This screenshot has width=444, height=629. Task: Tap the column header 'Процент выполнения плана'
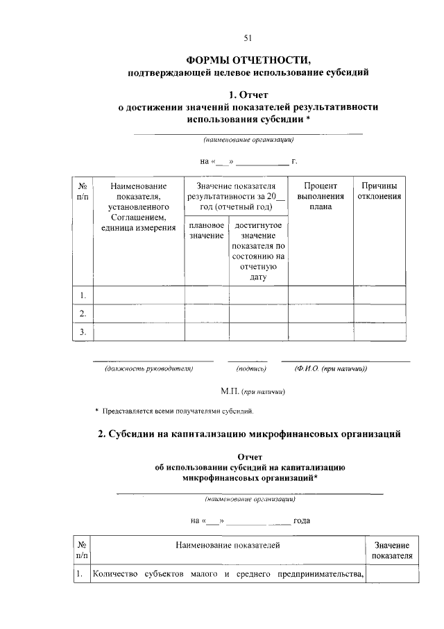coord(320,196)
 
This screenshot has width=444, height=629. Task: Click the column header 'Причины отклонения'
coord(379,191)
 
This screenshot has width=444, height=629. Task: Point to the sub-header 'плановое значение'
coord(206,231)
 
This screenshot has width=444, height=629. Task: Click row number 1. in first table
coord(82,295)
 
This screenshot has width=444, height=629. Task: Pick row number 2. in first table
coord(82,314)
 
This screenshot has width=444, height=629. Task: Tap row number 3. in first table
coord(82,332)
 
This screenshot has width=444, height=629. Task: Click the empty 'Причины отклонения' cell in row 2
coord(379,314)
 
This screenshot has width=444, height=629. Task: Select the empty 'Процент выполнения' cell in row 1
coord(320,295)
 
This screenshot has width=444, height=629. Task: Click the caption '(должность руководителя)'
coord(148,368)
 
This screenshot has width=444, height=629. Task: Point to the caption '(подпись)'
coord(251,368)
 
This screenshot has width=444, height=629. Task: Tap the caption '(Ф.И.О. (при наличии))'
coord(330,368)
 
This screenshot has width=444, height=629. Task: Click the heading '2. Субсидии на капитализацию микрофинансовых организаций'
coord(250,434)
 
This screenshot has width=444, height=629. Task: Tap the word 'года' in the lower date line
coord(306,520)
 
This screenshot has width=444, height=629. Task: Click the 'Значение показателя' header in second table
coord(392,550)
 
